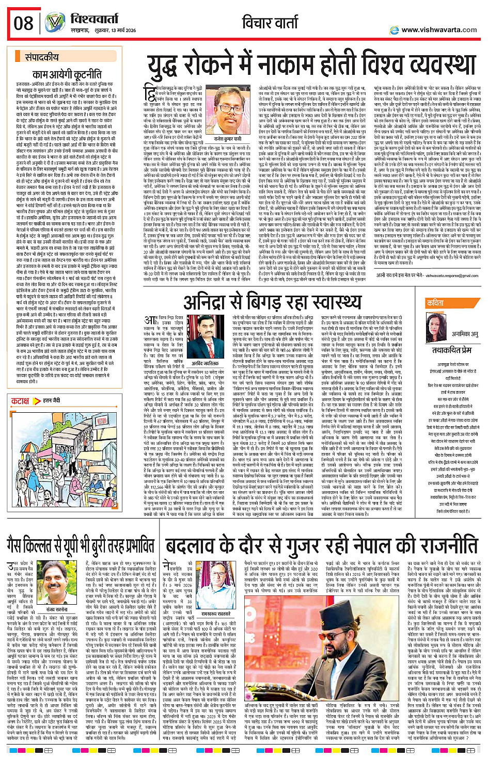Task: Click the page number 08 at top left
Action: pos(24,23)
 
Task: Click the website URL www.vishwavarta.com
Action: pos(439,30)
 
